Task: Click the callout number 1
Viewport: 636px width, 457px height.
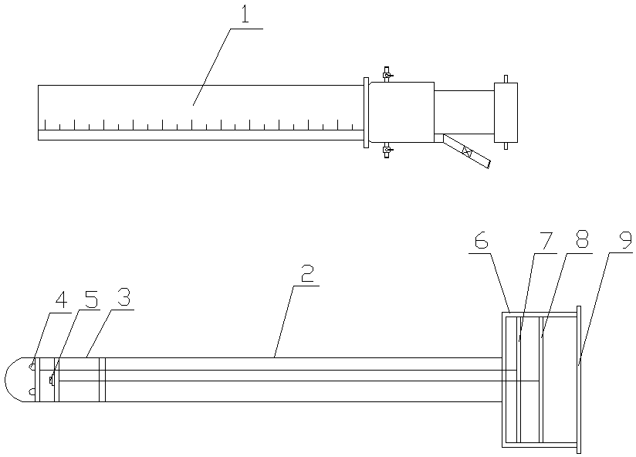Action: tap(245, 15)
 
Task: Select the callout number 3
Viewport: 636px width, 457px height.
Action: tap(123, 297)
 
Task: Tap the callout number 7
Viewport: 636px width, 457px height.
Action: tap(546, 241)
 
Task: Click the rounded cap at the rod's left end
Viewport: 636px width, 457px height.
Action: tap(17, 380)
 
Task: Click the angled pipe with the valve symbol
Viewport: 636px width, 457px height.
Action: tap(466, 152)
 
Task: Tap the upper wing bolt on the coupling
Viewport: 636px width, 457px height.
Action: tap(387, 75)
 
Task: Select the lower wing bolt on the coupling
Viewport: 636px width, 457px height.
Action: tap(387, 149)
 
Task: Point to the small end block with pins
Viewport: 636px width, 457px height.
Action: tap(505, 112)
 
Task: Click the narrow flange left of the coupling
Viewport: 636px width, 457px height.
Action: tap(365, 112)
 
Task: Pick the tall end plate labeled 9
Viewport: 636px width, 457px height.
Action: tap(578, 380)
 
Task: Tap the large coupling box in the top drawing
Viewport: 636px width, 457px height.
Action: tap(401, 112)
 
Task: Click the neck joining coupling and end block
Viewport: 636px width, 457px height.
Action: tap(463, 112)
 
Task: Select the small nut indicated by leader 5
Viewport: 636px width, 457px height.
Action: tap(52, 380)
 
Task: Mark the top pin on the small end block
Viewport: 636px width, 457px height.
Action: tap(505, 78)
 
